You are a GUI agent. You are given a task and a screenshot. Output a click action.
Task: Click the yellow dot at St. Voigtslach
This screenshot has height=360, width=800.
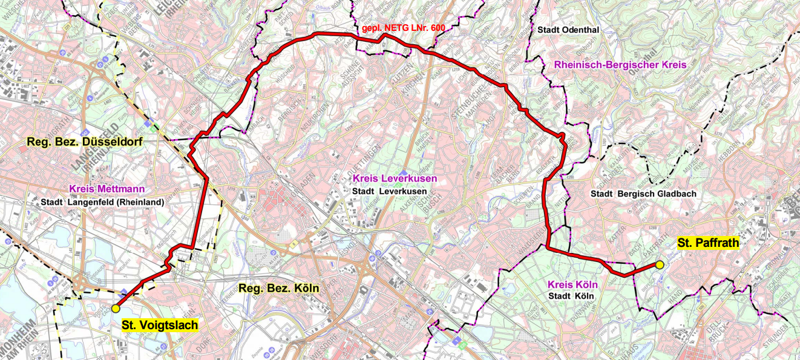pos(116,309)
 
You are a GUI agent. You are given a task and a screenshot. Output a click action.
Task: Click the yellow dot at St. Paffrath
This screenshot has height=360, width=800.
pos(660,264)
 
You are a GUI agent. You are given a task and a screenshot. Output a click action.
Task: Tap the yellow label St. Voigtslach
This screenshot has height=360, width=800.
pos(160,326)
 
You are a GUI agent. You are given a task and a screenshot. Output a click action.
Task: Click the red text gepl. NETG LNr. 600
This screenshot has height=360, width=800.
pos(399,28)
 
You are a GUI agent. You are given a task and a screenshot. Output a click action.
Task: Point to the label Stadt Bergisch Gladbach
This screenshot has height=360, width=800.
pos(643,194)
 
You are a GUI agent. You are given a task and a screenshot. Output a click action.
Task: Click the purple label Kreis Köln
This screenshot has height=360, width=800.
pos(572,284)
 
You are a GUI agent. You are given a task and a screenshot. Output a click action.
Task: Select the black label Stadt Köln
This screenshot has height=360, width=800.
pos(572,296)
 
